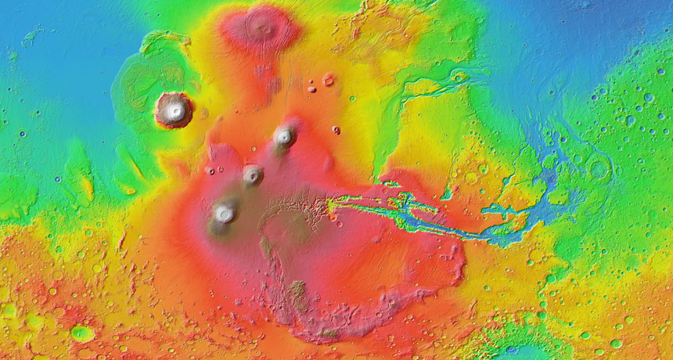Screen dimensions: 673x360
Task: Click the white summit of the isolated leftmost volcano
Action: point(174,110)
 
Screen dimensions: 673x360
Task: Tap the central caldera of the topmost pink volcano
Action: point(261,28)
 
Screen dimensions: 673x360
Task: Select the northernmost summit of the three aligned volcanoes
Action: point(284,137)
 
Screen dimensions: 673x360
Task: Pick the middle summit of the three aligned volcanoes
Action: point(253,175)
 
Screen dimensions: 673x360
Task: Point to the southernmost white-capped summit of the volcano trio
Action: point(225,211)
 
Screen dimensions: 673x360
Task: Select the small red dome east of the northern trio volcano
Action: point(336,130)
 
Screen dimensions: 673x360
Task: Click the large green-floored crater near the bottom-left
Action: point(82,333)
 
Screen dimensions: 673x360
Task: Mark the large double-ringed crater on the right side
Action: point(600,168)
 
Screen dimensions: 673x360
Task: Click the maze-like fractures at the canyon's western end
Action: point(301,208)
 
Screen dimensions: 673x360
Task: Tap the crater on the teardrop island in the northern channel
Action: point(459,77)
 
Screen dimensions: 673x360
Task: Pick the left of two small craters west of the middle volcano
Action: point(209,170)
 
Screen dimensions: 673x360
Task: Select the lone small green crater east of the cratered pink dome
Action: point(351,99)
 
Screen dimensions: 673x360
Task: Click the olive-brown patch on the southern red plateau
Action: point(297,293)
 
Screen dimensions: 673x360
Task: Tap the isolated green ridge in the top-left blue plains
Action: point(31,35)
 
